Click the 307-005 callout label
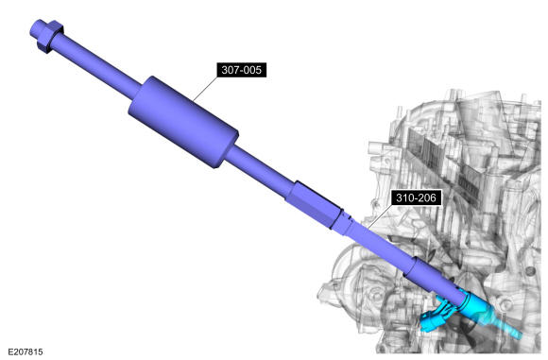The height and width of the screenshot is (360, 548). (242, 70)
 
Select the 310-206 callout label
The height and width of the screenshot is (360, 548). (416, 197)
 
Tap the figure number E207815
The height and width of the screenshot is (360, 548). (26, 351)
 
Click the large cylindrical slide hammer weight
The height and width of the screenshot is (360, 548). (183, 122)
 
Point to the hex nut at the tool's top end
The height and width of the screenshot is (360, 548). (51, 36)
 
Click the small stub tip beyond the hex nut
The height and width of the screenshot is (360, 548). (37, 28)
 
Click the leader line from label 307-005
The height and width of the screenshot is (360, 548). (206, 89)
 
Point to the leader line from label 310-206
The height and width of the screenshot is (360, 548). (379, 216)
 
